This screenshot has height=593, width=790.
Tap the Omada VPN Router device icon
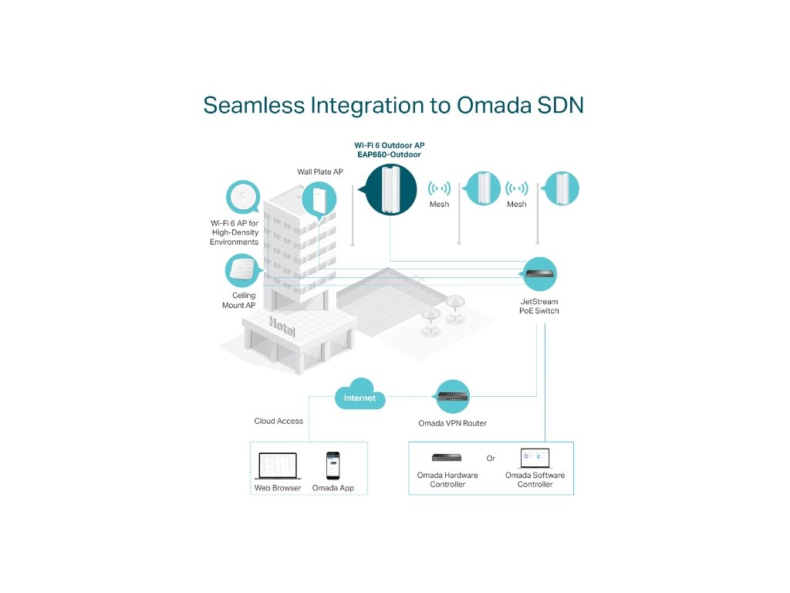(453, 398)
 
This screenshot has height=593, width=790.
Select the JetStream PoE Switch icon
(539, 273)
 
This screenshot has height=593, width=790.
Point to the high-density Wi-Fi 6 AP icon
(243, 197)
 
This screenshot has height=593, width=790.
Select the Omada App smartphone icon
(333, 466)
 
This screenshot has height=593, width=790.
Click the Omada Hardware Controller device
(447, 458)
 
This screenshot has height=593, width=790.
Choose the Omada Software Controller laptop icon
(535, 458)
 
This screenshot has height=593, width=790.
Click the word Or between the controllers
(491, 459)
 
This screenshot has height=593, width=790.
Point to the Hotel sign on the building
(282, 327)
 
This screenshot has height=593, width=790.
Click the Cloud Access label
(279, 421)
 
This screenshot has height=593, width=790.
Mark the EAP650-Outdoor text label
(390, 154)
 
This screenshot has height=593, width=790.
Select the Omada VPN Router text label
(453, 423)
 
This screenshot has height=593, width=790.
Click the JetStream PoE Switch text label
(539, 306)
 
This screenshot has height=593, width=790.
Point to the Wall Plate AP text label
(319, 171)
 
